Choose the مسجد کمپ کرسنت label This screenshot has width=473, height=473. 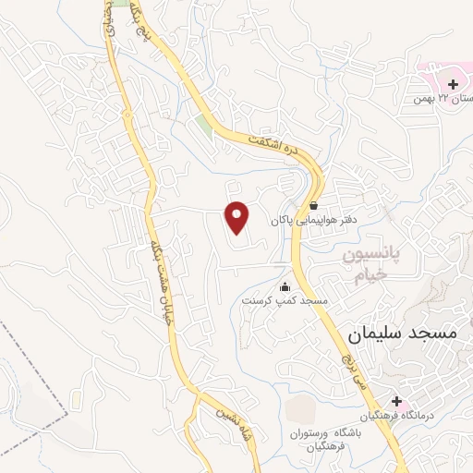tap(285, 301)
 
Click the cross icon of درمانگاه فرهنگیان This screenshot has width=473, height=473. tap(397, 402)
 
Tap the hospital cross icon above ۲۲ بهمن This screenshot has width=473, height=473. tap(453, 85)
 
